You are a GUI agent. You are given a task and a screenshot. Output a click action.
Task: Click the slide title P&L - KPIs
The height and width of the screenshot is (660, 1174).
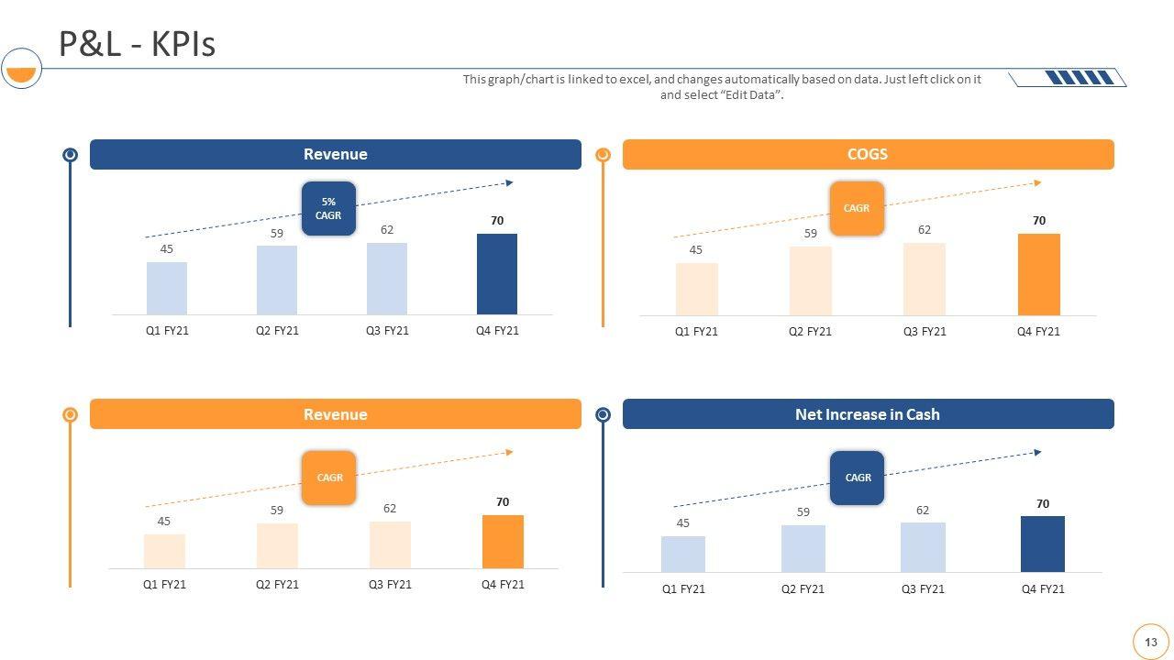pos(138,44)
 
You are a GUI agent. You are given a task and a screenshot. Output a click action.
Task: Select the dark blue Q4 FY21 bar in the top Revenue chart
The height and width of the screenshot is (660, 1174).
pos(496,274)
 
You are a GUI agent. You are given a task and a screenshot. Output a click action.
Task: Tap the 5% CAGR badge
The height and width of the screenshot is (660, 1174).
pos(328,209)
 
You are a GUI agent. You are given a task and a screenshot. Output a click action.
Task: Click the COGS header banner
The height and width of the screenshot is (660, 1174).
pos(868,155)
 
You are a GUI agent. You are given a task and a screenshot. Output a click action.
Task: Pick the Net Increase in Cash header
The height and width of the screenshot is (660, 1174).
pos(868,414)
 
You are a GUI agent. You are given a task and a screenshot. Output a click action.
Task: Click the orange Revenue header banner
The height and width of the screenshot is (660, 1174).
pos(336,414)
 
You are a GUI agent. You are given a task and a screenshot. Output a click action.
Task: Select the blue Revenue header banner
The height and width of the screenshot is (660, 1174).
pos(336,155)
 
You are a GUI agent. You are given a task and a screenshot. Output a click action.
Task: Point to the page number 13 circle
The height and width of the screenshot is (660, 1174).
pos(1151,643)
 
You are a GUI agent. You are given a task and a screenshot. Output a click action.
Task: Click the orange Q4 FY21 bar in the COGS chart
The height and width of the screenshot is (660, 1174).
pos(1038,275)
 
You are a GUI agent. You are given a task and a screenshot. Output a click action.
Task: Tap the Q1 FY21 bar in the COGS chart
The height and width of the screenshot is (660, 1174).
pos(696,290)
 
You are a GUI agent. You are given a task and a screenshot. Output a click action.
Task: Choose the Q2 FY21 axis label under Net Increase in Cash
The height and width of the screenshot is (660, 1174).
pos(803,589)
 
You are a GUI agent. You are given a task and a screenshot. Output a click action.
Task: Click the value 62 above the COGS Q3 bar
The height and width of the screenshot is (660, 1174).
pos(925,230)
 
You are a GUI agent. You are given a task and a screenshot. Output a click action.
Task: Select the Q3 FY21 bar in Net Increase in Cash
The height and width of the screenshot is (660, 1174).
pos(923,547)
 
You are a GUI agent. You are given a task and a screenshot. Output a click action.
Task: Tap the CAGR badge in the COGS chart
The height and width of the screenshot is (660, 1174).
pos(857,208)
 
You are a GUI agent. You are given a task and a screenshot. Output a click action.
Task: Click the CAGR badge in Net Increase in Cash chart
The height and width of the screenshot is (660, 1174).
pos(858,478)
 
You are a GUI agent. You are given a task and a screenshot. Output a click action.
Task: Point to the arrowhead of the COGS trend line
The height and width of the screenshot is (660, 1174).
pos(1037,183)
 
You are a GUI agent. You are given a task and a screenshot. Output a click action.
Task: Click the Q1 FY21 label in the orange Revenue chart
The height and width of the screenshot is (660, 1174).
pos(164,585)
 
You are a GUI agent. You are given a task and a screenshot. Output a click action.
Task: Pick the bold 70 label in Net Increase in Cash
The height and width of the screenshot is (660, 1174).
pos(1043,504)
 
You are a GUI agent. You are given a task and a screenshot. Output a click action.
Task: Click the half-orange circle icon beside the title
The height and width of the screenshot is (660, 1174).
pos(21,69)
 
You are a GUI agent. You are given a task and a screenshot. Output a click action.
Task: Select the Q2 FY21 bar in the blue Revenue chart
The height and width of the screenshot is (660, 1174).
pos(277,280)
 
